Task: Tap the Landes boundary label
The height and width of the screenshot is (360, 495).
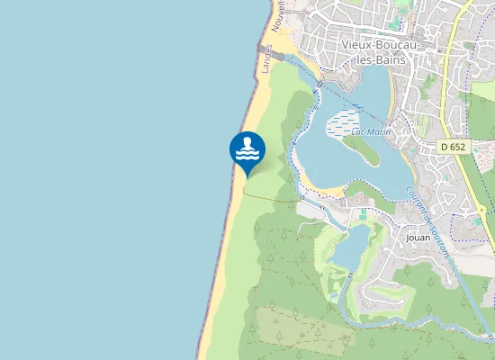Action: (x=266, y=59)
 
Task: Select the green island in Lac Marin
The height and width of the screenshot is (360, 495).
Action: (x=360, y=148)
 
